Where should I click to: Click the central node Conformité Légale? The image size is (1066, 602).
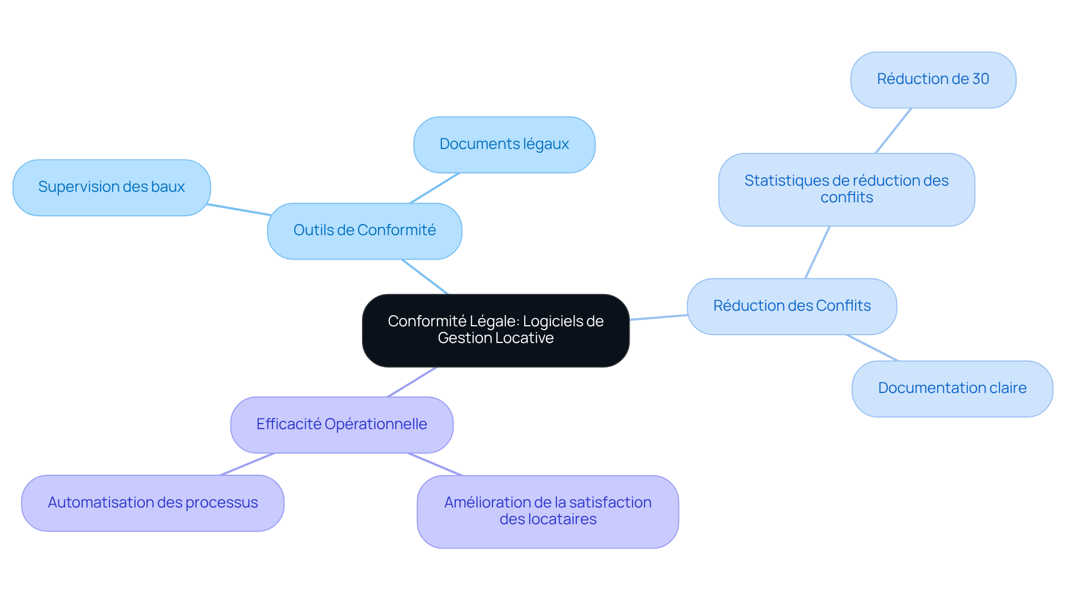(495, 330)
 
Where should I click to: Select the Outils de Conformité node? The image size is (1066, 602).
(364, 231)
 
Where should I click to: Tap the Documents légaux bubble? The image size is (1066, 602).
(504, 145)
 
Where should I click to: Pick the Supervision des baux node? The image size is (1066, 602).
(111, 187)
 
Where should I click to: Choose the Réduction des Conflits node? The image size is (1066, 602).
(792, 306)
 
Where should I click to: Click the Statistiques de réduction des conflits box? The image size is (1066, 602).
(846, 190)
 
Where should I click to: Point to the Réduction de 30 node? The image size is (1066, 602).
(933, 79)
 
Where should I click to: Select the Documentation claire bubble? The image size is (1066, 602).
(952, 389)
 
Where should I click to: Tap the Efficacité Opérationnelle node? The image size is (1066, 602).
(341, 425)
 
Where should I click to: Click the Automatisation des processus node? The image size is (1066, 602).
(153, 503)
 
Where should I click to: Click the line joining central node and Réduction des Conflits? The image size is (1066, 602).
(658, 317)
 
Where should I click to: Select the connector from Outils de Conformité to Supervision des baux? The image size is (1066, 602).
(239, 210)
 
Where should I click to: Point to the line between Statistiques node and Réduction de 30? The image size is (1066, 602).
(893, 131)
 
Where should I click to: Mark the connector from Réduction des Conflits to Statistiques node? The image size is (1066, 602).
(817, 252)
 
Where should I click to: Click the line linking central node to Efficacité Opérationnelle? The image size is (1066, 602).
(412, 382)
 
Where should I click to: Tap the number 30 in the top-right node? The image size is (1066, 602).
(980, 79)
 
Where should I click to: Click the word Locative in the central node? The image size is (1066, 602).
(525, 338)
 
